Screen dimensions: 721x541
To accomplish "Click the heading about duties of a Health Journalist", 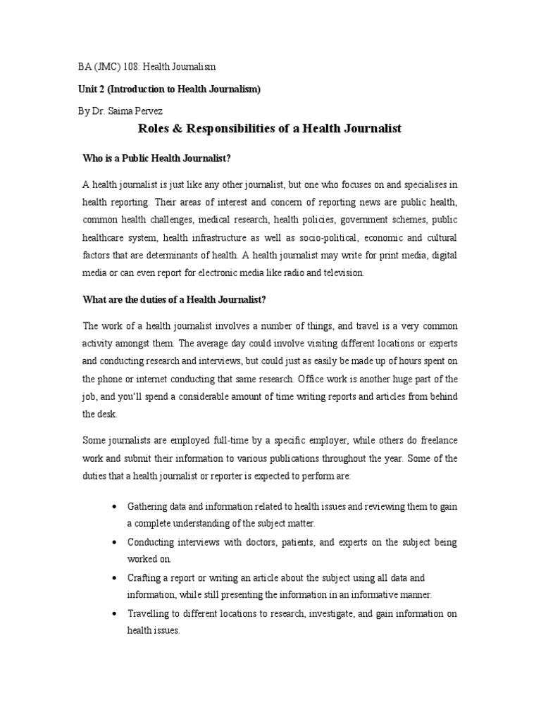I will [x=174, y=300].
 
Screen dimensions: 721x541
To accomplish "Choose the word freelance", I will [x=434, y=440].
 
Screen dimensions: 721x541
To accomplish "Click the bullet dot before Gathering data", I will [x=114, y=506].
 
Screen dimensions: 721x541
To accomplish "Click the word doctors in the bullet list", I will [x=237, y=542].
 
